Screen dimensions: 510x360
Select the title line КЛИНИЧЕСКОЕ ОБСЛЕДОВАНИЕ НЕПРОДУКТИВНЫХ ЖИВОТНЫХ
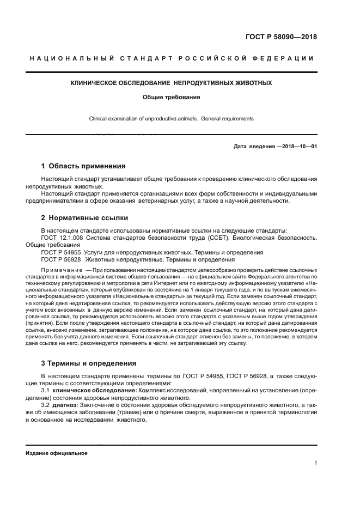(172, 83)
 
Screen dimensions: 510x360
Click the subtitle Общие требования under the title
(172, 98)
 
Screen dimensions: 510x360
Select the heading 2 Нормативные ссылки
(85, 218)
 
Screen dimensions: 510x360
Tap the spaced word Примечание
(62, 270)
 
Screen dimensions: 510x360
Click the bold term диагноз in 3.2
(65, 406)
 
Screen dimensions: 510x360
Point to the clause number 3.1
(46, 391)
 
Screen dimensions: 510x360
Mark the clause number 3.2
(46, 406)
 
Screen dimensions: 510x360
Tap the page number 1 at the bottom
(315, 463)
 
